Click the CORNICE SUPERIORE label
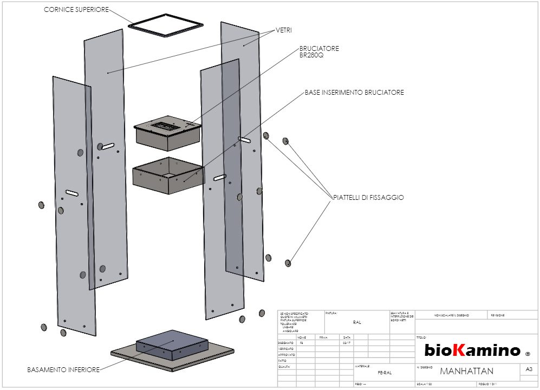tap(76, 10)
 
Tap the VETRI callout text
tap(284, 30)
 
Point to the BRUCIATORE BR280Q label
tap(319, 51)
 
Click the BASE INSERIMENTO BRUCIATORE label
tap(354, 93)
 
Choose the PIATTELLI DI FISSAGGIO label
tap(368, 198)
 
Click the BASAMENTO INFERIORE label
tap(63, 370)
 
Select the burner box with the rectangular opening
tap(167, 132)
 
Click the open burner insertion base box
tap(168, 175)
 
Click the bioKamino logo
tap(472, 350)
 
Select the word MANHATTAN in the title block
tap(466, 371)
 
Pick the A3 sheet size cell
tap(529, 369)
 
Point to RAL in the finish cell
tap(356, 322)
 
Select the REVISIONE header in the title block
tap(498, 315)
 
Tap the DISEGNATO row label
tap(285, 343)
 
